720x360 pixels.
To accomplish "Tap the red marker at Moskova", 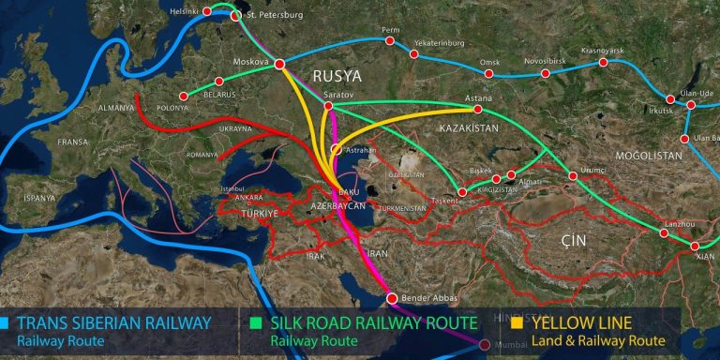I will [x=279, y=64].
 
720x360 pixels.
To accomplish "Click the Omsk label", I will [x=489, y=62].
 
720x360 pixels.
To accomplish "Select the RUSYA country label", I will [x=337, y=74].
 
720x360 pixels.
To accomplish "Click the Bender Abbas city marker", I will [x=393, y=298].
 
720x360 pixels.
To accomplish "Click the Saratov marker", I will [x=328, y=107].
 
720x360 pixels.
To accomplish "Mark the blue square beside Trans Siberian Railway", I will [x=7, y=323].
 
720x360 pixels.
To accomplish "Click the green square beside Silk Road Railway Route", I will [x=261, y=323].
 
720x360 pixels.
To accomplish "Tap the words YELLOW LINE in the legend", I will [x=587, y=323].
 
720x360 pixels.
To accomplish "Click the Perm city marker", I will [x=389, y=41].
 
